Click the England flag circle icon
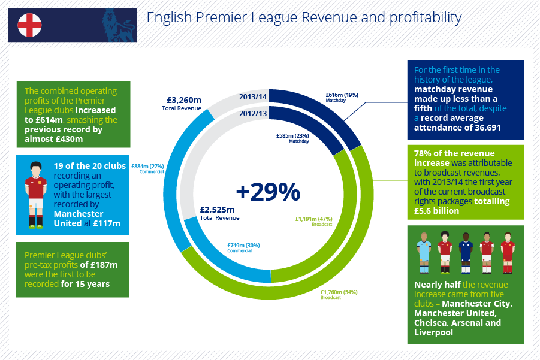click(29, 25)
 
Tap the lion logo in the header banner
click(119, 26)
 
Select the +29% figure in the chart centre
click(268, 192)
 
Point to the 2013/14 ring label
click(253, 96)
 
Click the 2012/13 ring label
click(253, 113)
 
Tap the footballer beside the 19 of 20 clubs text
click(36, 195)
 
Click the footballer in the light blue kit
click(424, 253)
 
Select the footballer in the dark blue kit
click(466, 253)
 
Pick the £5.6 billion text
click(436, 211)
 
